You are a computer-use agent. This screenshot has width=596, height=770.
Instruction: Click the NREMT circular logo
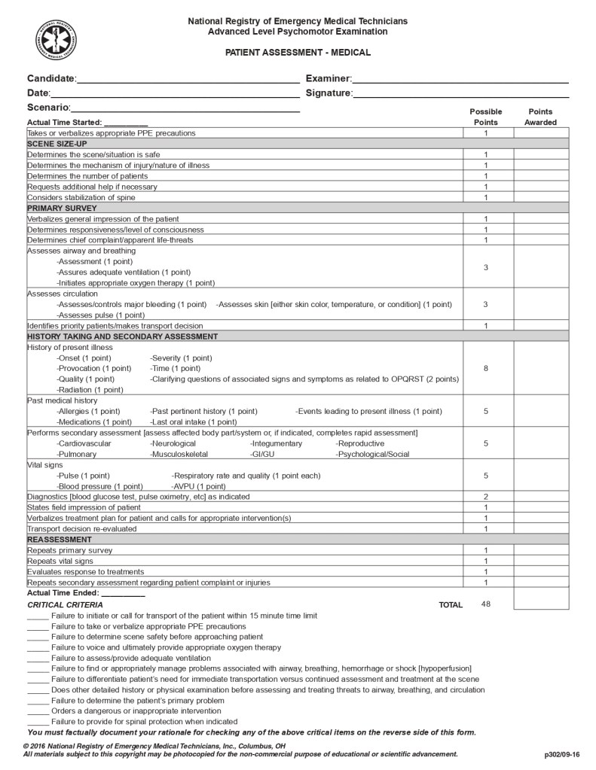coord(56,38)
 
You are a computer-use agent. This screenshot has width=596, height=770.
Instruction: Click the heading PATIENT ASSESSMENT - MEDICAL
coord(298,53)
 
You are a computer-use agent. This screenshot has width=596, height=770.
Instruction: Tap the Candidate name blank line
coord(188,80)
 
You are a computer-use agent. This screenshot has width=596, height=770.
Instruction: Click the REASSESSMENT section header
coord(60,540)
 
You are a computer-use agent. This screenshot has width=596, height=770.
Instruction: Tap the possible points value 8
coord(486,369)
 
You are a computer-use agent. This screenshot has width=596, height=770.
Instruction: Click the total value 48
coord(486,604)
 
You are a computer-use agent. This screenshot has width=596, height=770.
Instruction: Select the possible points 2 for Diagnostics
coord(486,497)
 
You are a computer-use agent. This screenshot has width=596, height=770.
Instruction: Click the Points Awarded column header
coord(540,117)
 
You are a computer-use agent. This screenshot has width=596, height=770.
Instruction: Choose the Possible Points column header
coord(486,117)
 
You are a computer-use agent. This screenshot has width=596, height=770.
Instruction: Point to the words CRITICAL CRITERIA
coord(66,604)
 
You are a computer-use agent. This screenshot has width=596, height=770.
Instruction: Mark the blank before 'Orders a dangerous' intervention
coord(38,711)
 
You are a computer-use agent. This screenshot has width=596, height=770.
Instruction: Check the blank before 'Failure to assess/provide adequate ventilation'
coord(38,659)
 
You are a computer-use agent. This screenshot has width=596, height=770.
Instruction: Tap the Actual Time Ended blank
coord(122,594)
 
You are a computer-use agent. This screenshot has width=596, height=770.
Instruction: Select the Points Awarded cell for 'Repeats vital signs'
coord(541,561)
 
